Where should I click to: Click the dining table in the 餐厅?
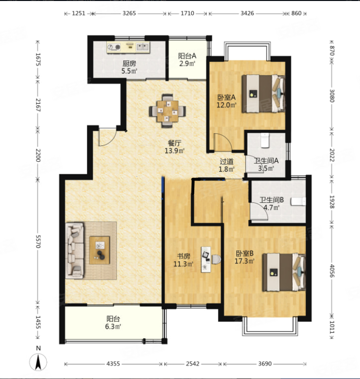pos(167,111)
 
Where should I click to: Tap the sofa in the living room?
pos(75,250)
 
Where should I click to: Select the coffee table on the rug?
pos(99,250)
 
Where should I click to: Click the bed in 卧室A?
pos(264,93)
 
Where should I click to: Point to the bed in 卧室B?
pos(284,272)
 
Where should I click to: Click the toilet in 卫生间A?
pos(265,141)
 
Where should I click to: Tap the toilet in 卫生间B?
pos(298,201)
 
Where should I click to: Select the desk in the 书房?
pos(206,259)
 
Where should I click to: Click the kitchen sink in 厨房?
pos(143,47)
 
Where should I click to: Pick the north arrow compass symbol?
pos(38,362)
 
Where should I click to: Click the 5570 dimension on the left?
pos(38,241)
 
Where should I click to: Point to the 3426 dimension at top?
pos(247,13)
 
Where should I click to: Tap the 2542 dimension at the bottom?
pos(193,363)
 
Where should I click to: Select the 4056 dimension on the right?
pos(332,271)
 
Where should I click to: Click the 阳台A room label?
pos(187,56)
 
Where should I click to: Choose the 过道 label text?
pos(227,161)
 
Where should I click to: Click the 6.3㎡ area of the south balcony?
pos(113,327)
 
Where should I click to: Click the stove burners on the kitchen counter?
pos(114,47)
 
